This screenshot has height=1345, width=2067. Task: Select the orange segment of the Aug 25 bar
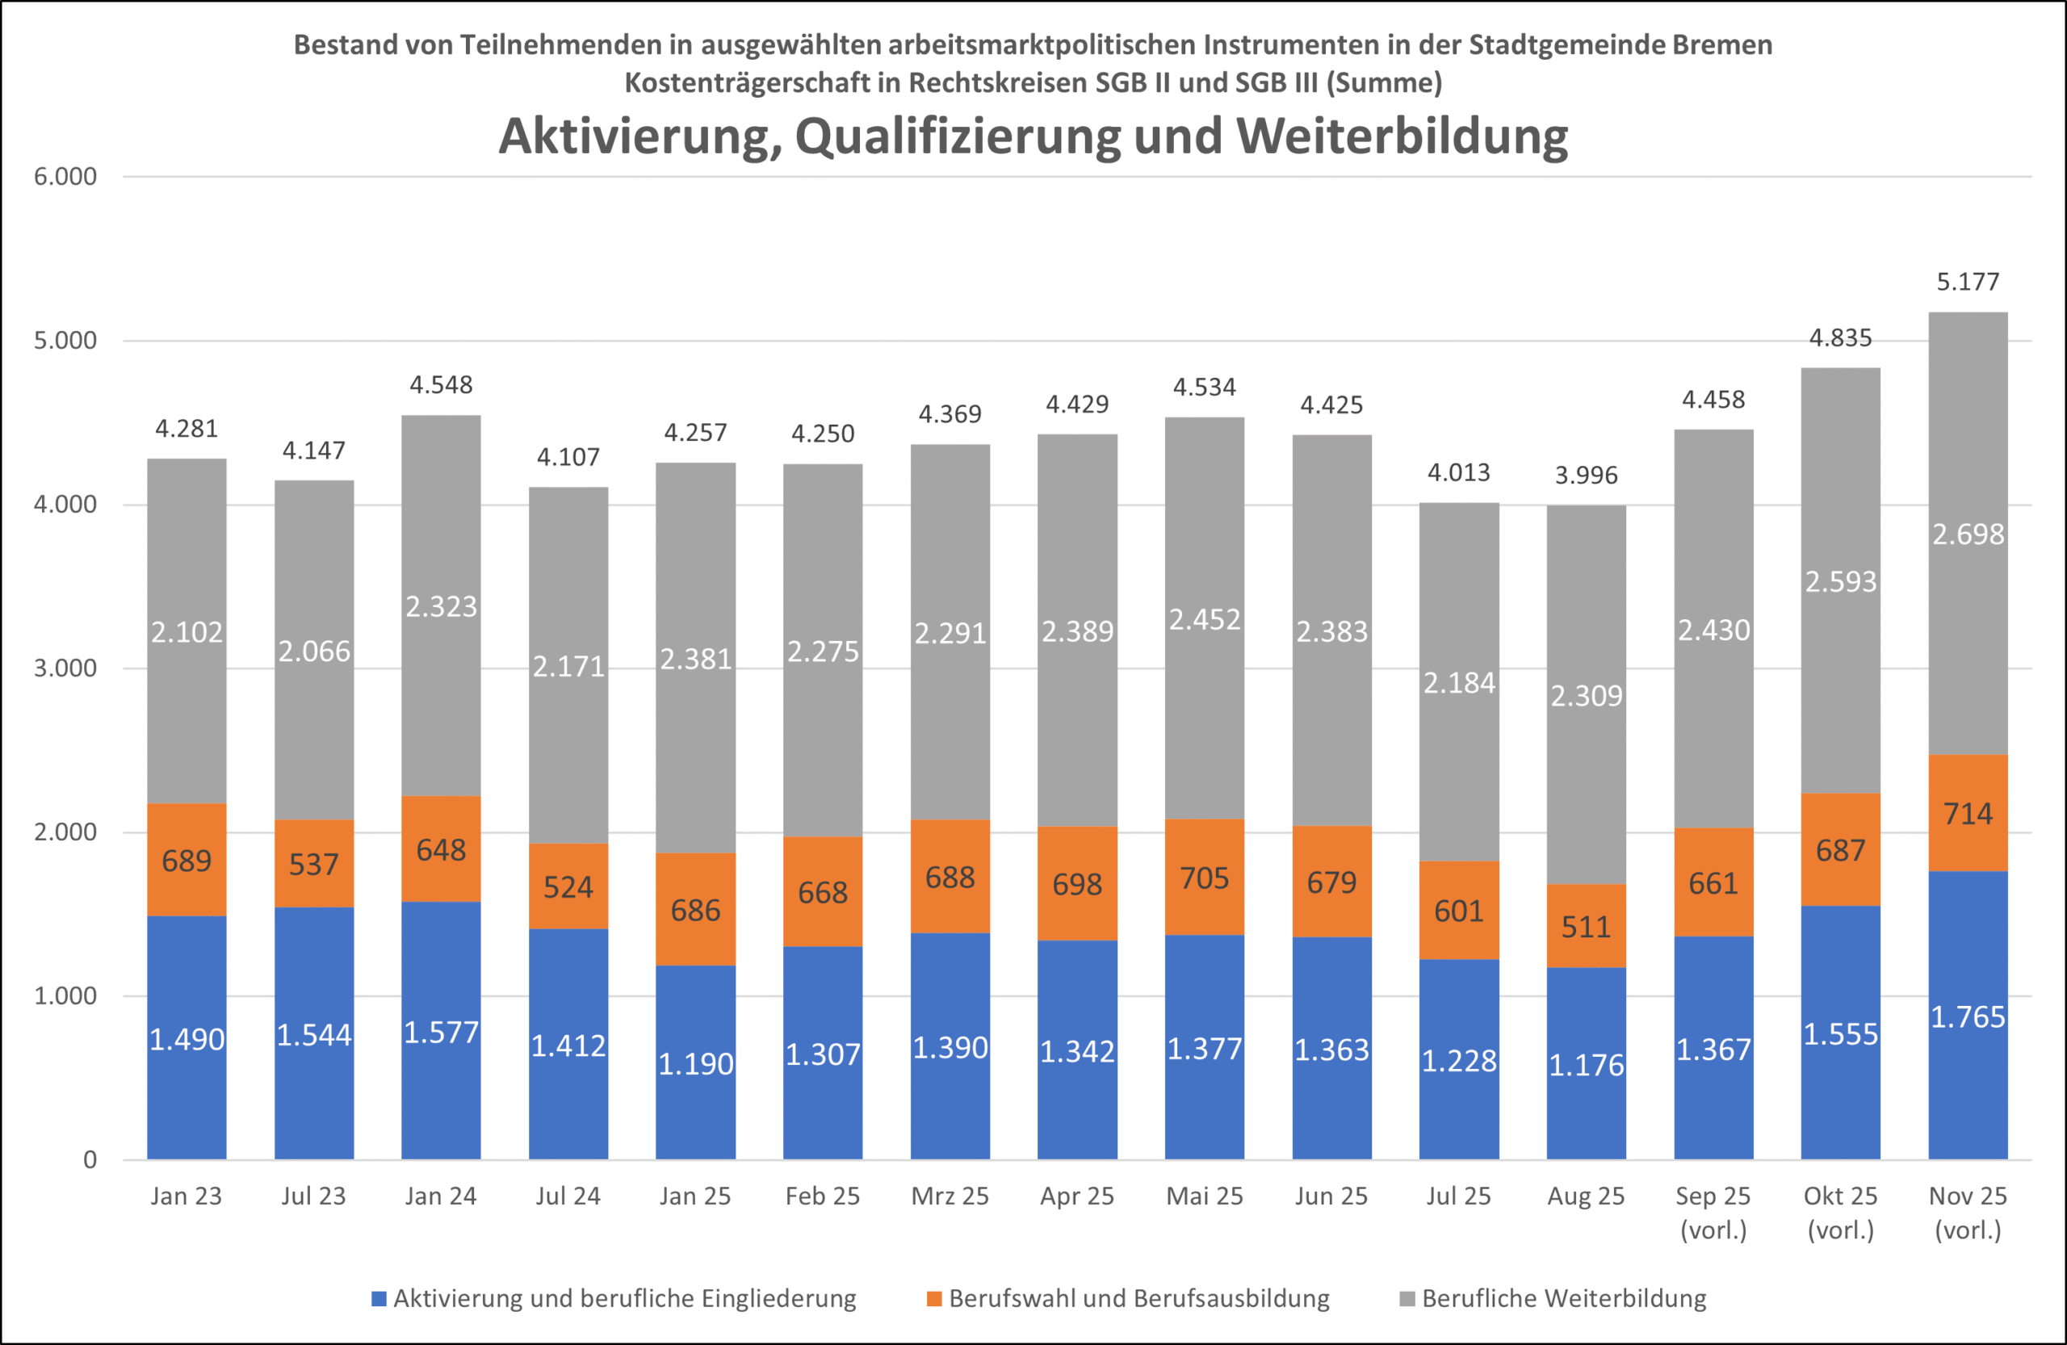(1586, 926)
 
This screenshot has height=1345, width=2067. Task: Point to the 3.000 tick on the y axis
(65, 668)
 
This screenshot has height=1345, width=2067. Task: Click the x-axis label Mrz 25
(950, 1196)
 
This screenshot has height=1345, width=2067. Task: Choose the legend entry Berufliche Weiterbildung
(1563, 1298)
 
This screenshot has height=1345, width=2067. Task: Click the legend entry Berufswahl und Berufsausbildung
(1138, 1298)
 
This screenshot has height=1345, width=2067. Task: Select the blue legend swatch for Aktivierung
(379, 1299)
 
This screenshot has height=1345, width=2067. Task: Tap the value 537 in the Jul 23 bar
(313, 864)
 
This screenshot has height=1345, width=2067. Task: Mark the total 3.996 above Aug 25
(1586, 475)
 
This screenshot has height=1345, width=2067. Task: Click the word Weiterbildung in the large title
(1402, 136)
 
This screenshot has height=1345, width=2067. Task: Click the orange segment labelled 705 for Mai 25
(1204, 878)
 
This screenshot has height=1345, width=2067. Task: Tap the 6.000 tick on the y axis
(65, 176)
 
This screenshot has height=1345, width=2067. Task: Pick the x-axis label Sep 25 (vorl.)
(1713, 1212)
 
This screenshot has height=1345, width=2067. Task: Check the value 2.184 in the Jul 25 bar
(1458, 682)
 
